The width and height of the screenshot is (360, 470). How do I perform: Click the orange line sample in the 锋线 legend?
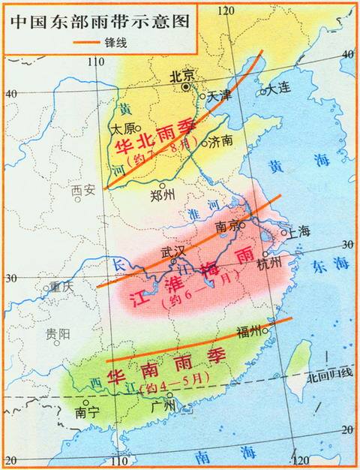click(92, 43)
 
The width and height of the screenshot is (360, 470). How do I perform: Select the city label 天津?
click(220, 95)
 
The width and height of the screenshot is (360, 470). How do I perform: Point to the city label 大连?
click(280, 90)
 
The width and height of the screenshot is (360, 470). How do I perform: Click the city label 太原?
click(123, 128)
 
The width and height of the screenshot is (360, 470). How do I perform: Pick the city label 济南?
click(222, 141)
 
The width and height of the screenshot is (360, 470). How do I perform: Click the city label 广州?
click(162, 406)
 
